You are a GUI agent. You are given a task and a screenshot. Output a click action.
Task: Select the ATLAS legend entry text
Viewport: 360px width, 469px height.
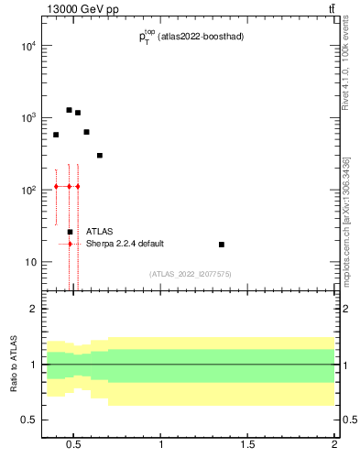pyautogui.click(x=100, y=232)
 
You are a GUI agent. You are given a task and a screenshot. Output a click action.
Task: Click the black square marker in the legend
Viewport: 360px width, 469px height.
pyautogui.click(x=70, y=232)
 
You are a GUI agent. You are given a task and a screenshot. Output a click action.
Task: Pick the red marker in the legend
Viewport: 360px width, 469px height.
pyautogui.click(x=70, y=244)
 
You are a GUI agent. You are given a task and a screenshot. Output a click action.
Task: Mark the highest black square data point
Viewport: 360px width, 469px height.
pyautogui.click(x=69, y=110)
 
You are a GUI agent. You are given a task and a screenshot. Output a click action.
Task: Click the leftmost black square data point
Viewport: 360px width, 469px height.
pyautogui.click(x=56, y=135)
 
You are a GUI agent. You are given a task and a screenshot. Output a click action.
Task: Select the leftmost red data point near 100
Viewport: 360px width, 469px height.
pyautogui.click(x=56, y=186)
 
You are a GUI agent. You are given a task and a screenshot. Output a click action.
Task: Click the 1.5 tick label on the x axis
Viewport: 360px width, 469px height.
pyautogui.click(x=247, y=445)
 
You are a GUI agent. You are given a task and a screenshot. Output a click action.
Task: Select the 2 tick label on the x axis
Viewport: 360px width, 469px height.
pyautogui.click(x=334, y=445)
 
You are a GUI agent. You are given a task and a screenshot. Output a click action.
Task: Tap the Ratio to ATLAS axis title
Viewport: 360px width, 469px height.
pyautogui.click(x=12, y=365)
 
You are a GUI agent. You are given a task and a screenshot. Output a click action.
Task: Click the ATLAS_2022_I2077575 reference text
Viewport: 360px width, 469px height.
pyautogui.click(x=191, y=274)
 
